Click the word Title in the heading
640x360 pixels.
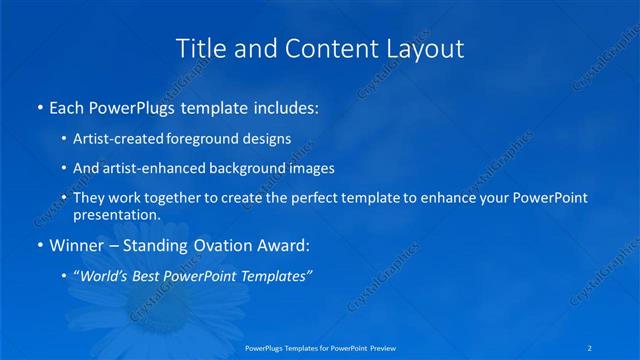tap(199, 48)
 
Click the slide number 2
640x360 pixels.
tap(591, 347)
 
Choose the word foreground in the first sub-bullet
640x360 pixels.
tap(210, 139)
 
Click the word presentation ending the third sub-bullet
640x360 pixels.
tap(115, 214)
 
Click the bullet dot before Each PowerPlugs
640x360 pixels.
tap(39, 107)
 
